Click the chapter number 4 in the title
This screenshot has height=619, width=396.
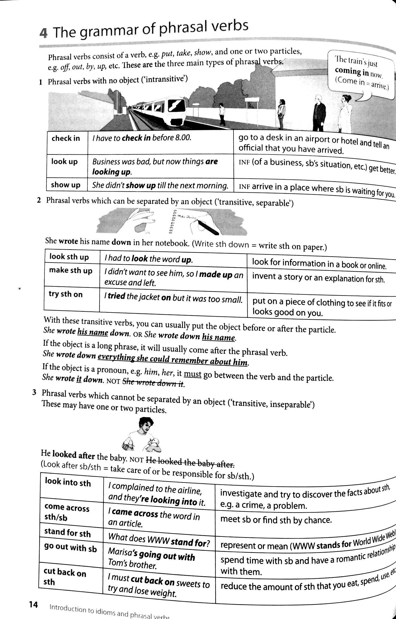(x=44, y=34)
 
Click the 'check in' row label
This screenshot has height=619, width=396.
(x=66, y=138)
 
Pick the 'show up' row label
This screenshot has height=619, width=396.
(x=66, y=185)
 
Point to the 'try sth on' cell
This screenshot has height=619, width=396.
(x=66, y=294)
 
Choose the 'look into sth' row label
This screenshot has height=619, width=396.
(x=68, y=483)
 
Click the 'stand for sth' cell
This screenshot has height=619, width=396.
(x=68, y=532)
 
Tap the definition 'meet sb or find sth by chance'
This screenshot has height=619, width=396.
(x=276, y=520)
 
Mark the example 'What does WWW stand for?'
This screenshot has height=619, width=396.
(x=159, y=540)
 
